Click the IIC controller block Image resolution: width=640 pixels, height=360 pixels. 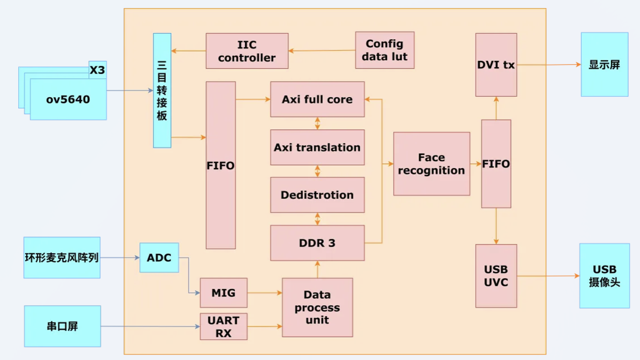point(247,51)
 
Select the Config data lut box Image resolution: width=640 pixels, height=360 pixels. point(384,50)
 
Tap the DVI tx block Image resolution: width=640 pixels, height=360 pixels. point(496,65)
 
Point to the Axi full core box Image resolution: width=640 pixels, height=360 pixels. point(317,99)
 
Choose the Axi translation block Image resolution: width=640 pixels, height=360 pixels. point(317,147)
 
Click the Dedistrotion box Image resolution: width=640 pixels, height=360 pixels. point(317,195)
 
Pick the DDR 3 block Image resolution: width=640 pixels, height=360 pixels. point(317,243)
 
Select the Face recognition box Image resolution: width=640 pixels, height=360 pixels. point(431,164)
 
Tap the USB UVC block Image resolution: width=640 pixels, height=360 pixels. point(496,276)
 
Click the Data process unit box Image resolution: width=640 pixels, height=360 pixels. point(317,307)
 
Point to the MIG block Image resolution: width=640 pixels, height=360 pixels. point(223,293)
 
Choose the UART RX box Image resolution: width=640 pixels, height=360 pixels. point(223,327)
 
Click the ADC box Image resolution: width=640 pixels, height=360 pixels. point(159,258)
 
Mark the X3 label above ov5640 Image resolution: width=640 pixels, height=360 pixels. point(97,70)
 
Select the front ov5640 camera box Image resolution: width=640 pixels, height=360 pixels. point(68,100)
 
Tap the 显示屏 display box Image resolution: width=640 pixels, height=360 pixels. point(604,65)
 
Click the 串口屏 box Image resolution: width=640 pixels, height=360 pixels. point(62,326)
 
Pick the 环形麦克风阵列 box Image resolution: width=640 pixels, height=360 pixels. point(62,258)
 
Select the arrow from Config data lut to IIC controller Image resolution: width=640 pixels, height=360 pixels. point(322,51)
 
